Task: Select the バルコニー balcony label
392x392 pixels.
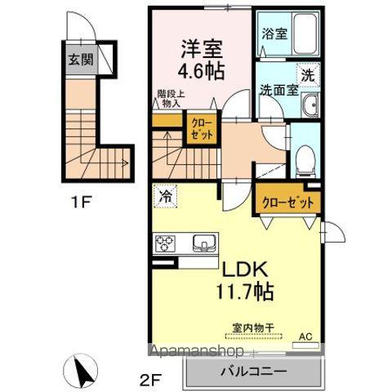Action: coord(252,372)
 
